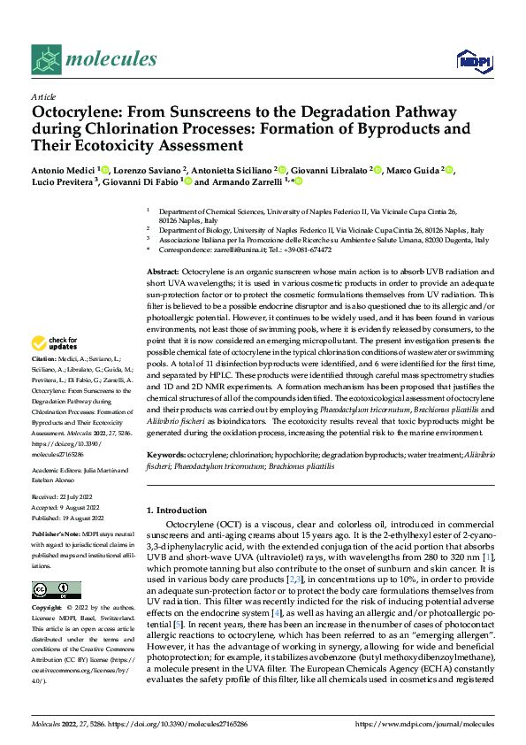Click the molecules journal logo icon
click(x=46, y=59)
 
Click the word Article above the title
click(x=43, y=96)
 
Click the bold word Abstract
click(x=163, y=270)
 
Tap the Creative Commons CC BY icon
click(x=56, y=590)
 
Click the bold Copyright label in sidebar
click(x=47, y=609)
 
